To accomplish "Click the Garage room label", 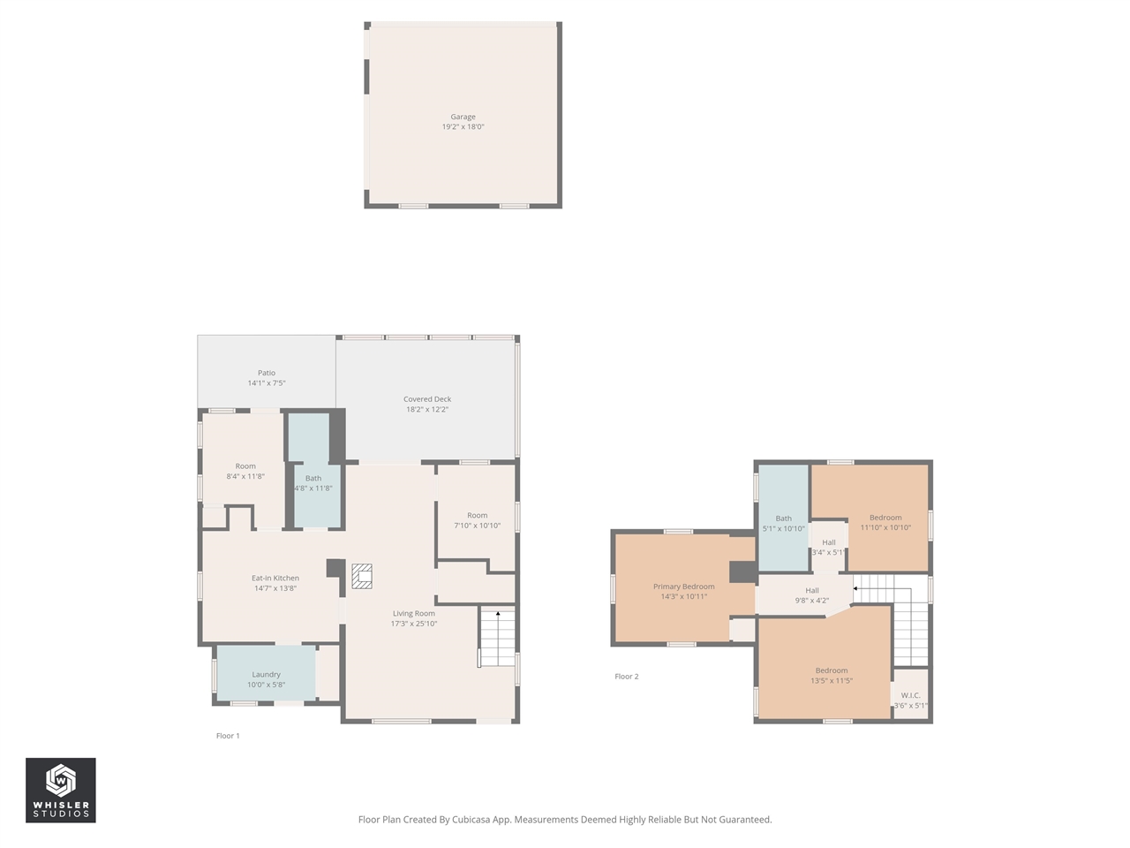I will coord(463,117).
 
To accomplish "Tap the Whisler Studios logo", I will coord(61,790).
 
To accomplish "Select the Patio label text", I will coord(266,373).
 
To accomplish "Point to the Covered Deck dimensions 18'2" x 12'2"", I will coord(427,410).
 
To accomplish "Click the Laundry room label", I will coord(266,675).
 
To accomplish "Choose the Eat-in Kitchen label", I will coord(275,579).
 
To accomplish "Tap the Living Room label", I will coord(414,614).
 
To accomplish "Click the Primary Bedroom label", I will coord(683,587).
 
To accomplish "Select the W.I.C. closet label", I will coord(910,696).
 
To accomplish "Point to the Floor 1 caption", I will coord(228,736).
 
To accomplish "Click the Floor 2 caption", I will coord(626,677).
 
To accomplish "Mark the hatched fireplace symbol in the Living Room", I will coord(362,576).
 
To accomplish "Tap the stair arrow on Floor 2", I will coord(855,588).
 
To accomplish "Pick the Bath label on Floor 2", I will coord(783,519).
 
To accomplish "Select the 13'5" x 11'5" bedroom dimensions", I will coord(832,681).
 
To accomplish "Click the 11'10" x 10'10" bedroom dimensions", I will coord(885,528).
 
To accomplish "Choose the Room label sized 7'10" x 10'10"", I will coord(477,516).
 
